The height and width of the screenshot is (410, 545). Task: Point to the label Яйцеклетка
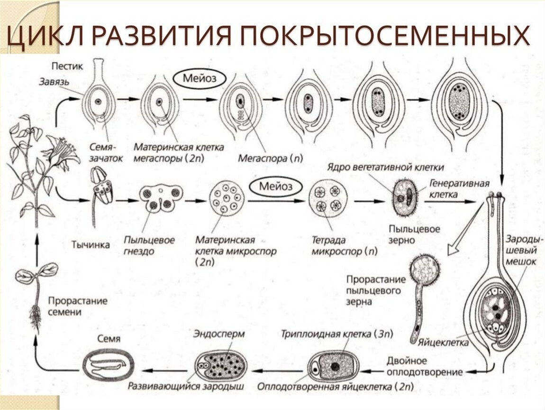[x=444, y=342]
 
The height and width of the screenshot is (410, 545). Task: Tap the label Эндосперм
[x=219, y=334]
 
